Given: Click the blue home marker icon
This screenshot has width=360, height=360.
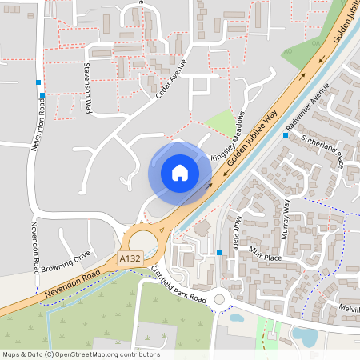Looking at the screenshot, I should pyautogui.click(x=180, y=172).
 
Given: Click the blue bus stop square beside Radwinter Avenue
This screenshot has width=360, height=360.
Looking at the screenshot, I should pyautogui.click(x=286, y=135).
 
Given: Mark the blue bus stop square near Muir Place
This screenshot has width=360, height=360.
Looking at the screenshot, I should pyautogui.click(x=219, y=254).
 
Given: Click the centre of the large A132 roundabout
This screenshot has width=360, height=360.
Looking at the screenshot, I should pyautogui.click(x=145, y=241).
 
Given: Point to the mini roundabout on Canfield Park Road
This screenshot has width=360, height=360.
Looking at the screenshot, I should pyautogui.click(x=222, y=301).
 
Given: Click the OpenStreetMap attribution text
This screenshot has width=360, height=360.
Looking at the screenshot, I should pyautogui.click(x=81, y=354).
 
